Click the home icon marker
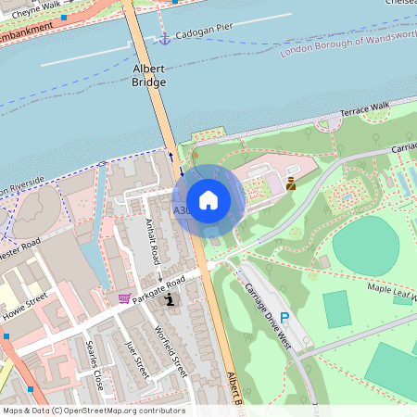(208, 200)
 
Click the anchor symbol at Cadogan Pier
(165, 38)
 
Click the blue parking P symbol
(285, 318)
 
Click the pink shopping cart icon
(124, 298)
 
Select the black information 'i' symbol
(169, 299)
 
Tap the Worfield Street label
(173, 351)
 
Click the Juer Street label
(137, 358)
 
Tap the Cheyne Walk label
(34, 5)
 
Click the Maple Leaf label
(393, 290)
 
